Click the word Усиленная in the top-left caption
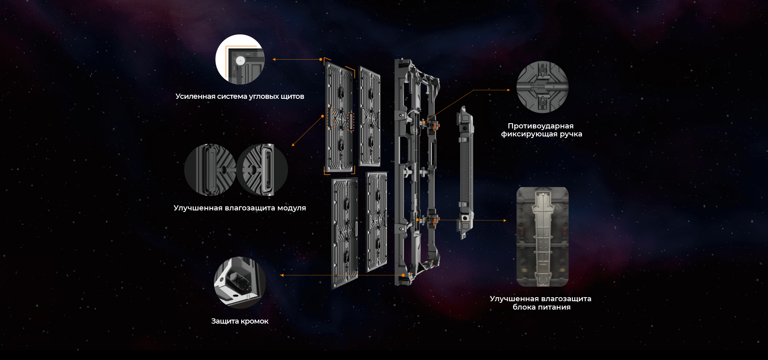[195, 96]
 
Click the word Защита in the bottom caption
[225, 321]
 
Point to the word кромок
[255, 321]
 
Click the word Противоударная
[541, 126]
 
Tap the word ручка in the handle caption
[571, 134]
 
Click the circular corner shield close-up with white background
[240, 59]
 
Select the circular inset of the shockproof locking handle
[542, 87]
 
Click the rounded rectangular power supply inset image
[542, 237]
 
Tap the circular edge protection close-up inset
[240, 282]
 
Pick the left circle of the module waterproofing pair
[210, 170]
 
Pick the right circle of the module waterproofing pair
[262, 170]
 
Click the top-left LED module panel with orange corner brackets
[340, 117]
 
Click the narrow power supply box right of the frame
[465, 172]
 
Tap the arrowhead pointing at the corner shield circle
[274, 59]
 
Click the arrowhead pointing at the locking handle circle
[509, 90]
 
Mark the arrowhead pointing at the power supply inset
[505, 220]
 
